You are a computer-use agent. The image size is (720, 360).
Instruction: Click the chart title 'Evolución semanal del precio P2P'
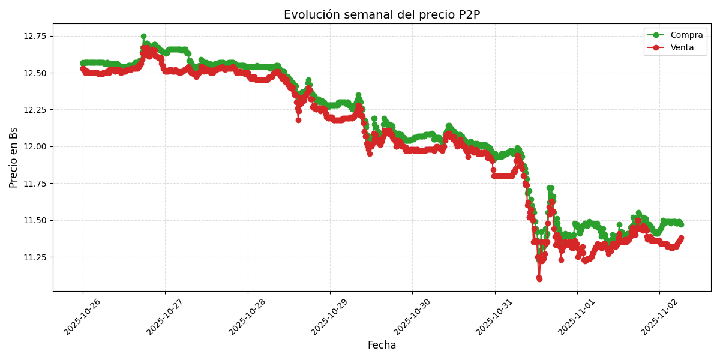[382, 15]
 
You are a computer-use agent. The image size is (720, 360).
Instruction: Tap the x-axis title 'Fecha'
[382, 346]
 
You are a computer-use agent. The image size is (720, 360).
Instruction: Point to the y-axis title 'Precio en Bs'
[14, 157]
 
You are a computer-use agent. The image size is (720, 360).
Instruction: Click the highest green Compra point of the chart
[143, 37]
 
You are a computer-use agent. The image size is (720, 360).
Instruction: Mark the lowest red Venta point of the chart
[539, 279]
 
